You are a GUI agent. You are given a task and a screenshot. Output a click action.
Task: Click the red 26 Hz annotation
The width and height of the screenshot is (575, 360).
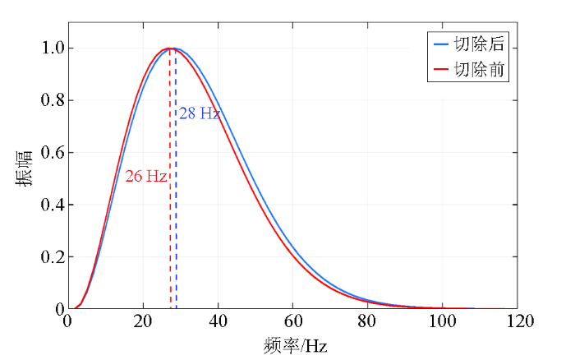point(146,177)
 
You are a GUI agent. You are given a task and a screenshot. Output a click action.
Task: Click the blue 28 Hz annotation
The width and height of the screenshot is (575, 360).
point(200,113)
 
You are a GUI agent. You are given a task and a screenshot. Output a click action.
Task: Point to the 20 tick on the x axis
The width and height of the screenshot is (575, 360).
point(143,321)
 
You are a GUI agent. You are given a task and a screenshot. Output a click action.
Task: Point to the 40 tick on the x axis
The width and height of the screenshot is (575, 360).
point(218,321)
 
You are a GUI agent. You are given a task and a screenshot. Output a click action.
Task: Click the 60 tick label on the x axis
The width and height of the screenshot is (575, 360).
point(292,321)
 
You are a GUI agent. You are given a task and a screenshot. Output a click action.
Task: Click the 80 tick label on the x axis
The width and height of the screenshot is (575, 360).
point(367,321)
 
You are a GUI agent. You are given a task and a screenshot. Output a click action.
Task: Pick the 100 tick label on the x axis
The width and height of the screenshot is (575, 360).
point(442,321)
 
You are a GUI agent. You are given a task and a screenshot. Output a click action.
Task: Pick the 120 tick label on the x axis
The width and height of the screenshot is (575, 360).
point(517,321)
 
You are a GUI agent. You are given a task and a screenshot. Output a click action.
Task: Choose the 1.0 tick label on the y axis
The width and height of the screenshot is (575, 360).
point(52,48)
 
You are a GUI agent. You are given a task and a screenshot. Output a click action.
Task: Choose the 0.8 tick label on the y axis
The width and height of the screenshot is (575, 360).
point(52,100)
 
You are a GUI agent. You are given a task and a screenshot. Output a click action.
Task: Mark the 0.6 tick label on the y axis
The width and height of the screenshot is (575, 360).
point(52,153)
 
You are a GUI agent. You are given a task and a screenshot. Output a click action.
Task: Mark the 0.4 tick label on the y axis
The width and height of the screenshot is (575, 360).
point(52,205)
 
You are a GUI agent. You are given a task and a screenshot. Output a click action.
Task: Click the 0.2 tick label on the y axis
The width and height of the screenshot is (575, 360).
point(52,257)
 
